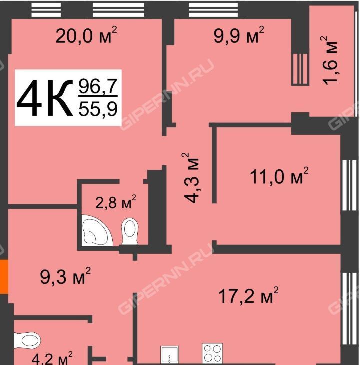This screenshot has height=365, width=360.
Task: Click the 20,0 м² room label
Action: (x=86, y=35)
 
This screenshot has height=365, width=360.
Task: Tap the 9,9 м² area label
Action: (x=239, y=35)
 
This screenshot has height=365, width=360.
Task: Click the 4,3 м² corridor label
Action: (x=190, y=178)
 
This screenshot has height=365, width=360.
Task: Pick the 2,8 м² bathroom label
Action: (x=116, y=202)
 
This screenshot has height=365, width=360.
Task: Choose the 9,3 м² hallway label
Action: (x=65, y=276)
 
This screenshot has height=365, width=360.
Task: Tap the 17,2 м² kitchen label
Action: (x=249, y=295)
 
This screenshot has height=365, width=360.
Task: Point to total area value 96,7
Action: (x=98, y=86)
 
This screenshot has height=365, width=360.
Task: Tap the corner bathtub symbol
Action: (x=97, y=230)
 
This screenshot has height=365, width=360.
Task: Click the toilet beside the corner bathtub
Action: (x=130, y=231)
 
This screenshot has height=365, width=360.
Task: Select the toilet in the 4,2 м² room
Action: (x=27, y=341)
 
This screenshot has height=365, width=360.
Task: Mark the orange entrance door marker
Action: (x=4, y=277)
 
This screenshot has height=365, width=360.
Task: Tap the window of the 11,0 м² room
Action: (x=349, y=185)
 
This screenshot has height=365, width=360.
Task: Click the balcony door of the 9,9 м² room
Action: (x=300, y=69)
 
